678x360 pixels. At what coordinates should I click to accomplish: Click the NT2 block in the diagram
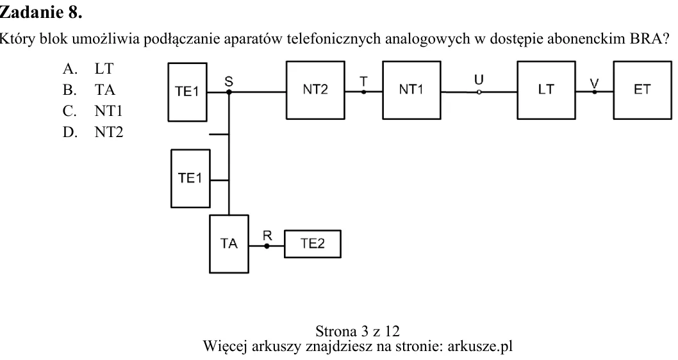click(x=315, y=90)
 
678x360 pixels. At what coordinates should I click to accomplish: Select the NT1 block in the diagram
click(x=411, y=90)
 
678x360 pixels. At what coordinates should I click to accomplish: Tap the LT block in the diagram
click(x=546, y=90)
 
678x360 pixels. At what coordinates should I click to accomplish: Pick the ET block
click(x=643, y=90)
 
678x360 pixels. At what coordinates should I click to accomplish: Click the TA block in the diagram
click(x=229, y=244)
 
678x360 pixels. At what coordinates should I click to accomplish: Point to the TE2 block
click(x=313, y=244)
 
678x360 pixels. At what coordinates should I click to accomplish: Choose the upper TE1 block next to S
click(x=187, y=92)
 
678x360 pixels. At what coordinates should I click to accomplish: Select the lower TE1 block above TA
click(x=191, y=179)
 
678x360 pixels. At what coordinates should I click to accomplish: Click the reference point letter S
click(x=229, y=81)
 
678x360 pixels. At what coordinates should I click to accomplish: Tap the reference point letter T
click(x=363, y=81)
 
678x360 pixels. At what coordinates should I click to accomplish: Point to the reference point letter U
click(x=479, y=79)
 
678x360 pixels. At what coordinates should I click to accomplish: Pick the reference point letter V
click(x=595, y=82)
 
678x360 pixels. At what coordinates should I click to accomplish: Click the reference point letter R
click(x=267, y=236)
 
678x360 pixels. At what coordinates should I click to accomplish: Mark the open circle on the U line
click(x=479, y=92)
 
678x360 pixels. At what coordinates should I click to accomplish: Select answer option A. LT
click(x=88, y=69)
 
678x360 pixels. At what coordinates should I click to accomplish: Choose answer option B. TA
click(x=88, y=90)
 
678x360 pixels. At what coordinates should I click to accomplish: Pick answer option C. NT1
click(x=92, y=111)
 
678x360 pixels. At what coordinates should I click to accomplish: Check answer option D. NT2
click(x=92, y=132)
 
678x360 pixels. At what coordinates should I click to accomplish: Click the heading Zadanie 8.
click(x=40, y=12)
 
